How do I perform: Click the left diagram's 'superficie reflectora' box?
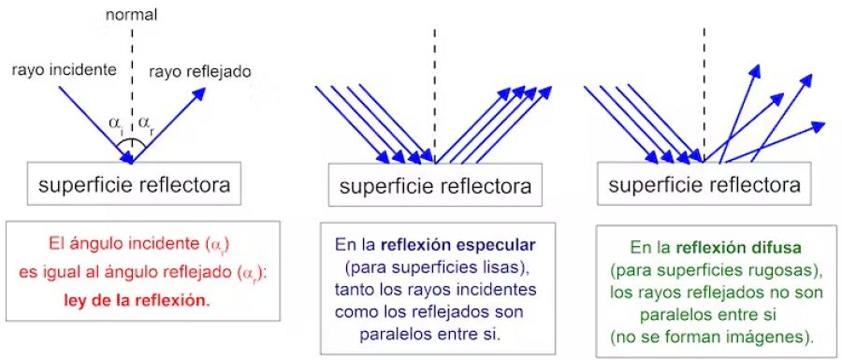(x=133, y=184)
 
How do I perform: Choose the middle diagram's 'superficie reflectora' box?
(x=434, y=187)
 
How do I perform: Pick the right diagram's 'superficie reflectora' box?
(x=704, y=185)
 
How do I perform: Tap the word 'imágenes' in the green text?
(x=762, y=331)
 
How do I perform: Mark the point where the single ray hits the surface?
(x=133, y=162)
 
